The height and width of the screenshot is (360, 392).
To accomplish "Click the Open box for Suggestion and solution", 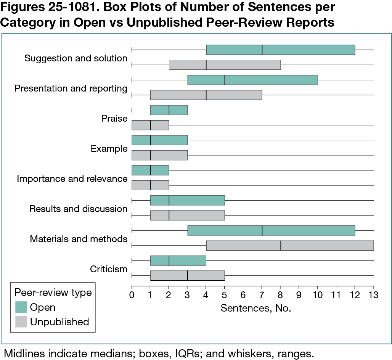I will (x=280, y=50).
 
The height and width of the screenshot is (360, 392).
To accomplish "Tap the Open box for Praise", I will (x=169, y=110).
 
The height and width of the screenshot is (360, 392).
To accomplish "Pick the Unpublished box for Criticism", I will (x=188, y=275).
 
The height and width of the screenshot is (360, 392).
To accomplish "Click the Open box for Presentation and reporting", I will (x=252, y=80).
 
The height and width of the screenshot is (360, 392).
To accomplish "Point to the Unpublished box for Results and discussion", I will (x=188, y=215).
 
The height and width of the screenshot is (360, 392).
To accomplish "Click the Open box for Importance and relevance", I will (x=150, y=170).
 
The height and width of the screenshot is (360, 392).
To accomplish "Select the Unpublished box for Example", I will (x=159, y=155).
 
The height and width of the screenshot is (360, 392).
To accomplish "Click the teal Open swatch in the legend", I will (x=21, y=307).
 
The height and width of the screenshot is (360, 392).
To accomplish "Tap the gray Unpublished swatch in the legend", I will (x=21, y=322).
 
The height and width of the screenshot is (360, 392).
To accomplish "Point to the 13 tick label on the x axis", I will (x=373, y=294).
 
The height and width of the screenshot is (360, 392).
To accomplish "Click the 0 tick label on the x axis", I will (x=132, y=294).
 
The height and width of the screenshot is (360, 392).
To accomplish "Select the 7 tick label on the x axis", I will (x=262, y=294).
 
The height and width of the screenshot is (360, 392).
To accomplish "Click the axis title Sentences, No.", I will (x=256, y=308).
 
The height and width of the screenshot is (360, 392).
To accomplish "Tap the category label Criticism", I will (x=108, y=269).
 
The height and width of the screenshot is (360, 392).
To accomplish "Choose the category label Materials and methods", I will (x=79, y=239).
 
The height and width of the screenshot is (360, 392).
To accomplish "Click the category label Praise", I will (x=114, y=119).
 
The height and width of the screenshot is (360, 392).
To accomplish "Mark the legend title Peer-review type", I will (x=53, y=292).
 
